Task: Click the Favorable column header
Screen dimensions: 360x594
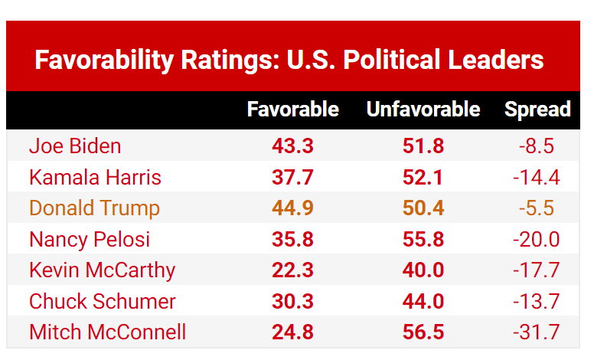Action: coord(292,110)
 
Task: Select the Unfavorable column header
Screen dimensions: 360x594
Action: coord(423,110)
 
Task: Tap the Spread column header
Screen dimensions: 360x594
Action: coord(537,110)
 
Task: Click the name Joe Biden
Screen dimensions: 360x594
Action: coord(75,146)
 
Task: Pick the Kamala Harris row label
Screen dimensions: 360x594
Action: coord(95,178)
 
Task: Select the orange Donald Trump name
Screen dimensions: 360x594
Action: coord(94,208)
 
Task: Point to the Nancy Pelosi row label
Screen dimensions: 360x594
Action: coord(90,239)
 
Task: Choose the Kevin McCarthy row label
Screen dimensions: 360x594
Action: coord(102,270)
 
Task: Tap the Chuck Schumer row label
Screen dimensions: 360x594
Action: coord(103,301)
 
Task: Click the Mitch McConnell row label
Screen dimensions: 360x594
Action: coord(107,332)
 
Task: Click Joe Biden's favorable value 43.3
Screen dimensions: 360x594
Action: coord(292,146)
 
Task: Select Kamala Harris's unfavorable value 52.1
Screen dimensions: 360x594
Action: coord(423,178)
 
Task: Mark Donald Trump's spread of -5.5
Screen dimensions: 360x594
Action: coord(536,208)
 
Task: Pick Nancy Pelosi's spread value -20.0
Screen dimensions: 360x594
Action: coord(536,239)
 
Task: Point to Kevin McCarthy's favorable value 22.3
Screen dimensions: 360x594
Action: coord(292,270)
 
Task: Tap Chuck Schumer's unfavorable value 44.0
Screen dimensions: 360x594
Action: coord(423,301)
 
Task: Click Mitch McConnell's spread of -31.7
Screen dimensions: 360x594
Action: coord(536,332)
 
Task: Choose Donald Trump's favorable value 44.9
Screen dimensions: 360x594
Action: coord(292,208)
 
